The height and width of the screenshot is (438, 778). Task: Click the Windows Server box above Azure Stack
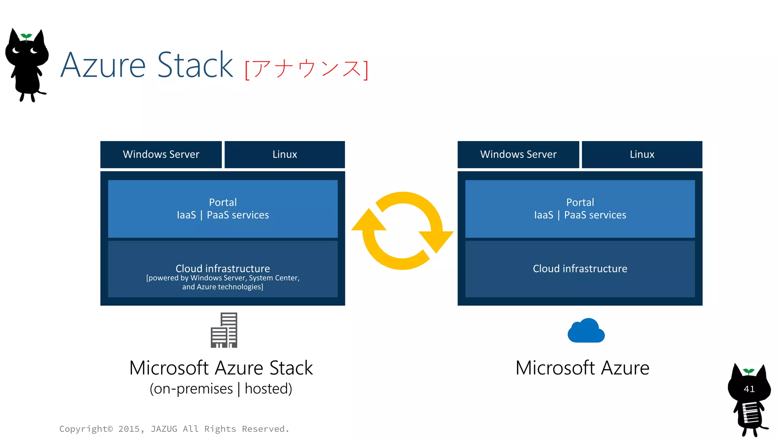coord(161,154)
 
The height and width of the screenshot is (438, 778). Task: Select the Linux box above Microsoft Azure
coord(642,154)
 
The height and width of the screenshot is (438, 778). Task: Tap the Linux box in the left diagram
coord(285,154)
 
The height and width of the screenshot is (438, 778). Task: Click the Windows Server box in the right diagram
coord(518,154)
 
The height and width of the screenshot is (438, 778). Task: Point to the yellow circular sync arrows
coord(402,231)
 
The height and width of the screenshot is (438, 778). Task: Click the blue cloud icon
coord(586,331)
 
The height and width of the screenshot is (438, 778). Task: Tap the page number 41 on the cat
coord(749,389)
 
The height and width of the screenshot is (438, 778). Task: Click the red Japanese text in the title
coord(306,69)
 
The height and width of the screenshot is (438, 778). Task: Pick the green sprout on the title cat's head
coord(26,36)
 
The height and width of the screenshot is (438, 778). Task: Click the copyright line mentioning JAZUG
coord(174,429)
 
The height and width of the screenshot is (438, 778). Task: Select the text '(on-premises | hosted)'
coord(221,389)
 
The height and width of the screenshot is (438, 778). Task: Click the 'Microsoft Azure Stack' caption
coord(221,368)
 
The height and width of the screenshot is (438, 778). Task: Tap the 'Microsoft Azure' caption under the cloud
coord(582,368)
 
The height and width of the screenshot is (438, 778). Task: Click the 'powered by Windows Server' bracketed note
coord(223,282)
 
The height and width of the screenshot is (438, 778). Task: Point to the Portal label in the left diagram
coord(223,202)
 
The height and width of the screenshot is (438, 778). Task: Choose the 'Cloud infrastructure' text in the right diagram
coord(580,269)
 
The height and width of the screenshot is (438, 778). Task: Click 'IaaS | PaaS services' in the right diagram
coord(580,215)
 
